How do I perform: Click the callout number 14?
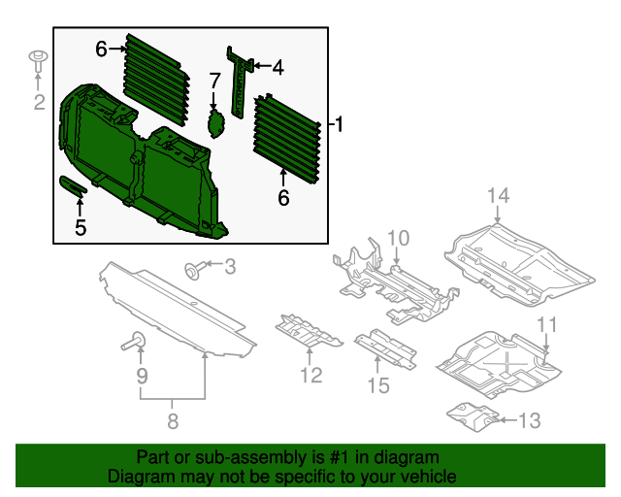(x=498, y=197)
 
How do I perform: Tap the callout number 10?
(x=400, y=238)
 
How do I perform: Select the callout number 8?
(x=173, y=421)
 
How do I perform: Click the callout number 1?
(x=338, y=124)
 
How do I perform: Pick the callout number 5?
(x=81, y=227)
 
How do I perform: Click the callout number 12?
(x=310, y=374)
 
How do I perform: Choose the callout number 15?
(x=377, y=385)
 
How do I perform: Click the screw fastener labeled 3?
(x=193, y=268)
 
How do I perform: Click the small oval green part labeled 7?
(x=215, y=124)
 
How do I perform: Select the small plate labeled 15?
(x=384, y=348)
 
